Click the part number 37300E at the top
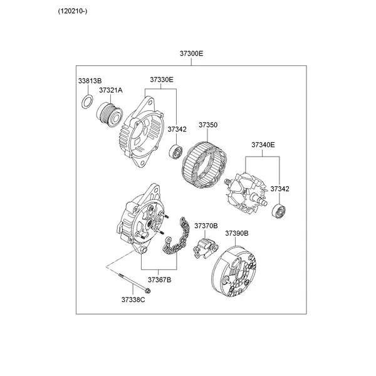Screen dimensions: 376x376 192,54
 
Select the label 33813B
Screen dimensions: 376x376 90,81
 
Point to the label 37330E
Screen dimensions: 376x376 161,80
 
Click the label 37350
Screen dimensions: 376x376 208,125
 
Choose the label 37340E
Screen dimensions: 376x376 263,145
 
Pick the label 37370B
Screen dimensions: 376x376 206,226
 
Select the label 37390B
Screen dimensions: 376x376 237,233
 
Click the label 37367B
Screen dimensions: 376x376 159,279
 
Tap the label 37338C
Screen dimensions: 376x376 133,300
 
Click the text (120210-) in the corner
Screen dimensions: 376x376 73,11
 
